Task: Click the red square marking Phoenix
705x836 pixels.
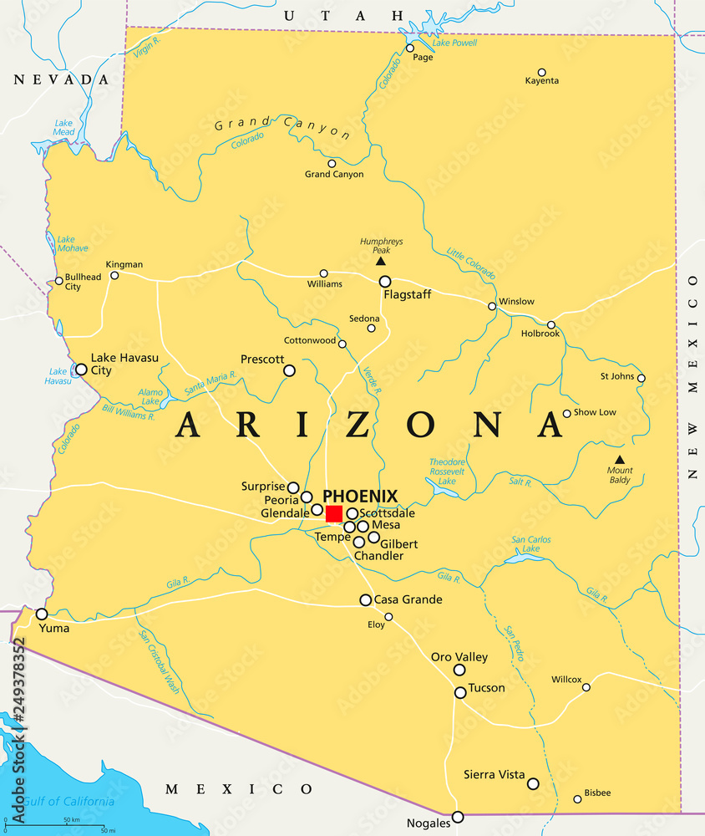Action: click(x=334, y=512)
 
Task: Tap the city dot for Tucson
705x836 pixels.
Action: click(x=460, y=692)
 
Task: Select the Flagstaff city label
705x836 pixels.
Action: click(x=407, y=295)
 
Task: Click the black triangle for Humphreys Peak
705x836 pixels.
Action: click(x=381, y=261)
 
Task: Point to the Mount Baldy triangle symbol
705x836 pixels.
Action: click(x=619, y=459)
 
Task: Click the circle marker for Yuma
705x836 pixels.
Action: click(x=42, y=614)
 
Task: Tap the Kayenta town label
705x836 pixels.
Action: click(x=542, y=81)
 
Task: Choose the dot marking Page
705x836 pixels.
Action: click(x=410, y=48)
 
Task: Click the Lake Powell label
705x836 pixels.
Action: click(x=454, y=43)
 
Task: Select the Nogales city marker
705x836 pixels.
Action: click(x=458, y=817)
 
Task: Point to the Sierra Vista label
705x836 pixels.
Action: click(x=495, y=775)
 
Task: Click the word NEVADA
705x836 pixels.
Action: click(x=61, y=79)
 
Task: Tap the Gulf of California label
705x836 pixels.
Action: click(x=68, y=802)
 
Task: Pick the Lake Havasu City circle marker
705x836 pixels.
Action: click(x=81, y=369)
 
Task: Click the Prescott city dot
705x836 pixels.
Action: click(x=289, y=370)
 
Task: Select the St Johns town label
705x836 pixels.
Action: click(x=617, y=376)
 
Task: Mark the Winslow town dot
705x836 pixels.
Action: click(x=492, y=306)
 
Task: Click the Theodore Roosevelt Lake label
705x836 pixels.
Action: click(x=447, y=472)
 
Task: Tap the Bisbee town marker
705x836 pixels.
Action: click(x=577, y=799)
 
